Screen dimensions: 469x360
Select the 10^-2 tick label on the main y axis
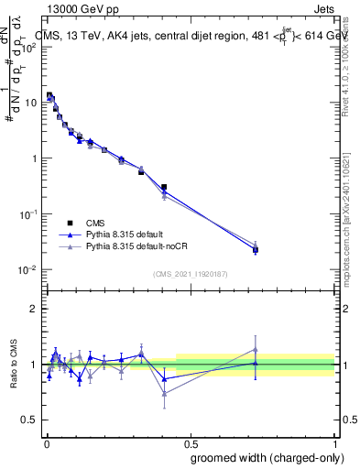[x=29, y=269]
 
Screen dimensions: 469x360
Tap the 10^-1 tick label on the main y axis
[x=29, y=213]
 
